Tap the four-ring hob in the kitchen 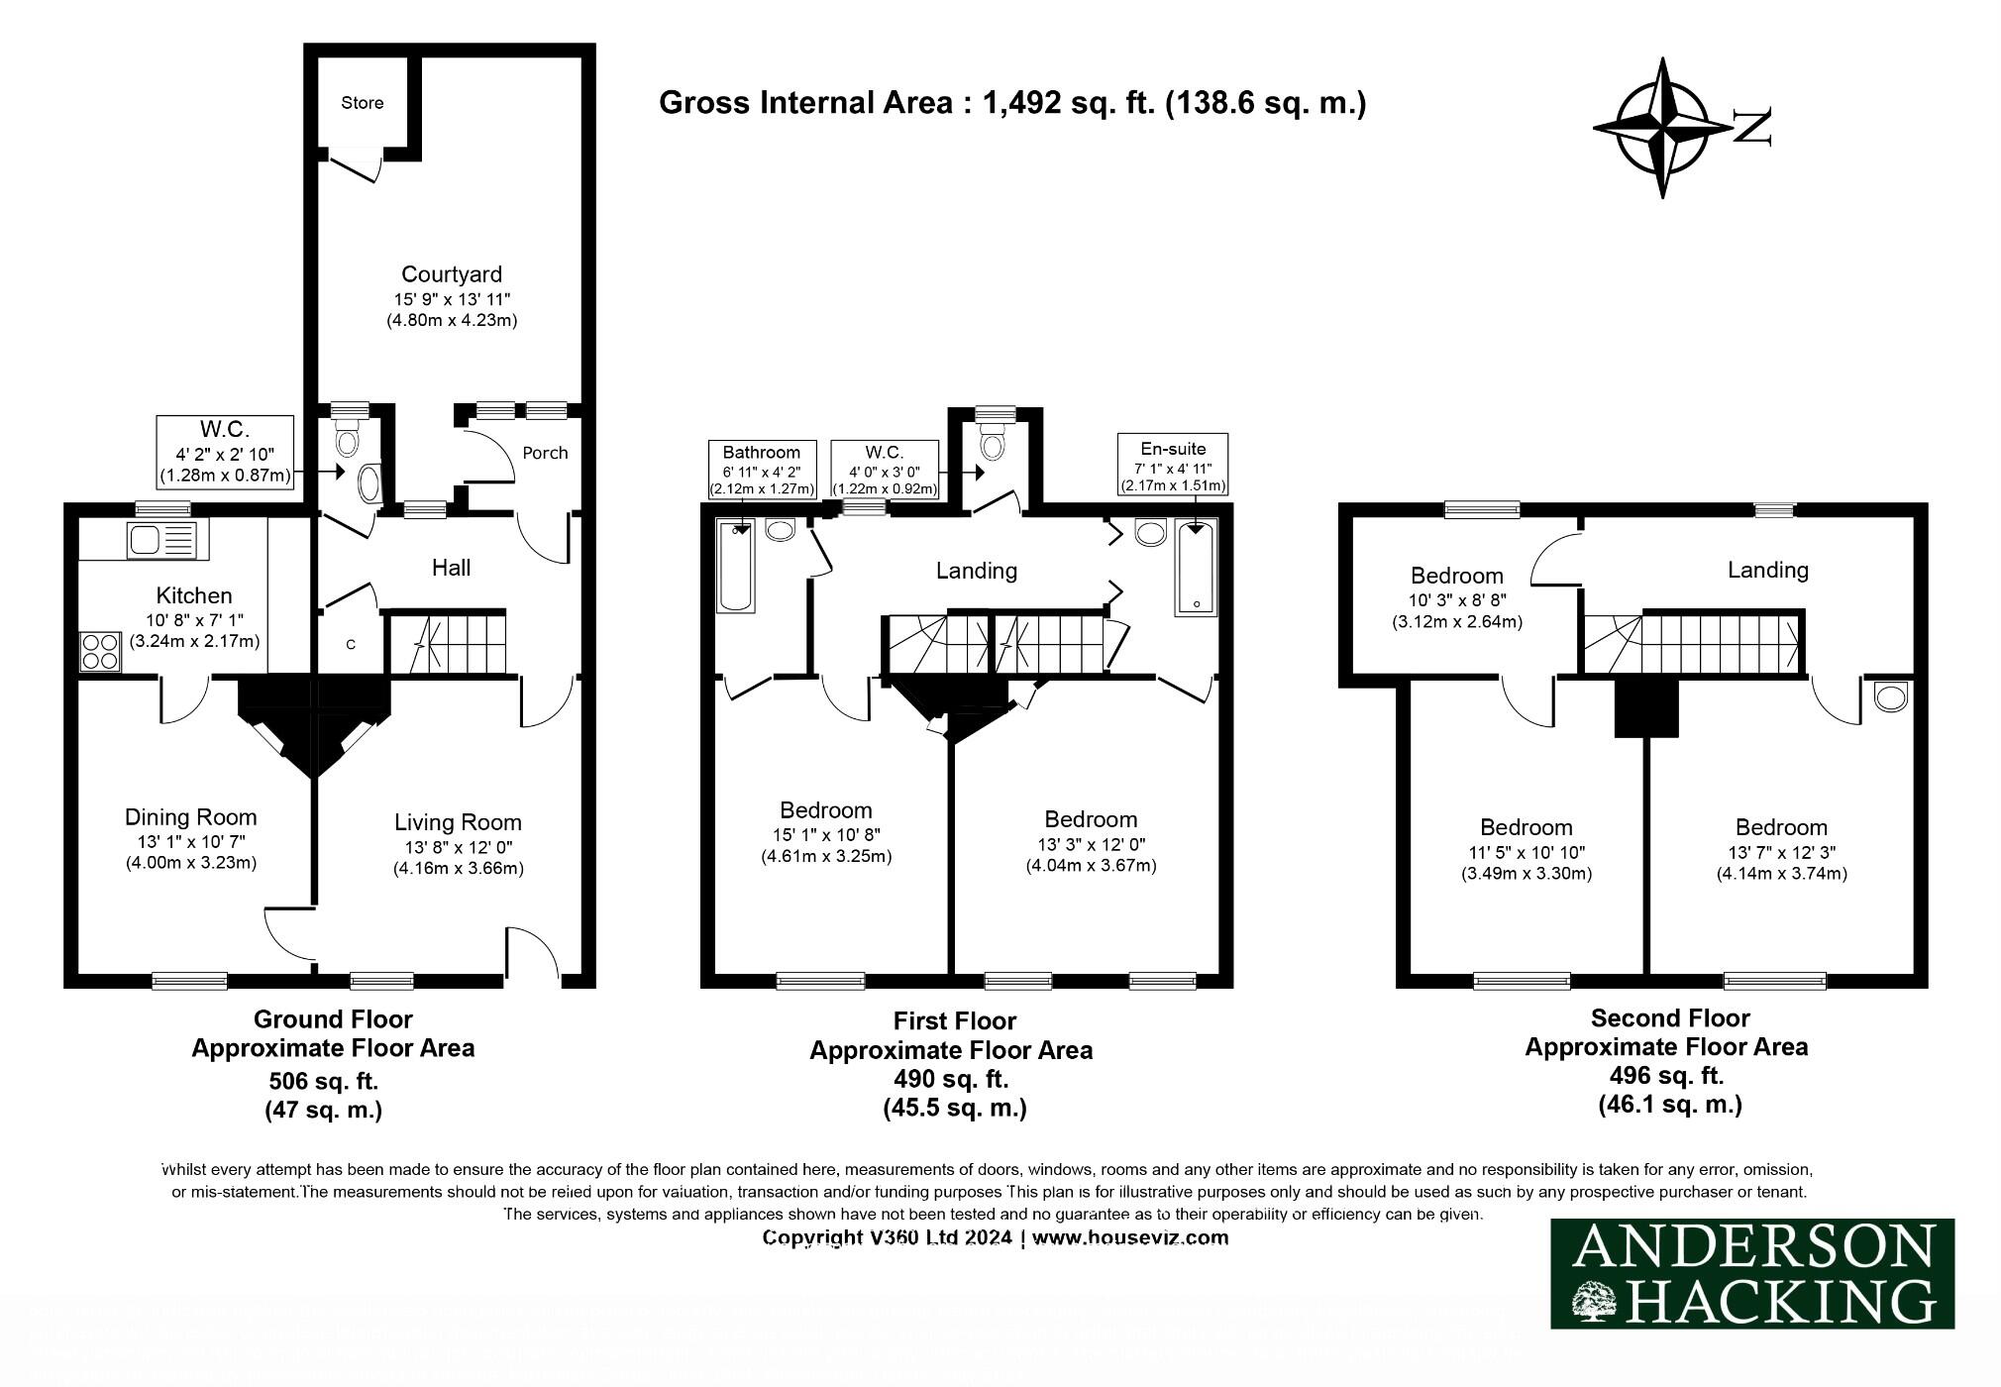coord(100,652)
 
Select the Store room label coord(362,103)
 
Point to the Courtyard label coord(451,274)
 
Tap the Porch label coord(545,453)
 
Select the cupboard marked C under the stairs coord(350,645)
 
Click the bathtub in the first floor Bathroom coord(735,567)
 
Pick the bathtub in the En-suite coord(1196,568)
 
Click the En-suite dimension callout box coord(1173,464)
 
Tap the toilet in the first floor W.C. coord(991,445)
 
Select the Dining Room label coord(190,817)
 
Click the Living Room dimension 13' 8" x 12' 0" coord(458,847)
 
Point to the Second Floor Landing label coord(1767,570)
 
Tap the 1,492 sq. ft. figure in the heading coord(1069,103)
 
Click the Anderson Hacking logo coord(1751,1273)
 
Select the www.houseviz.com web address coord(1129,1237)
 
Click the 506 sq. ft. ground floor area coord(323,1080)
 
